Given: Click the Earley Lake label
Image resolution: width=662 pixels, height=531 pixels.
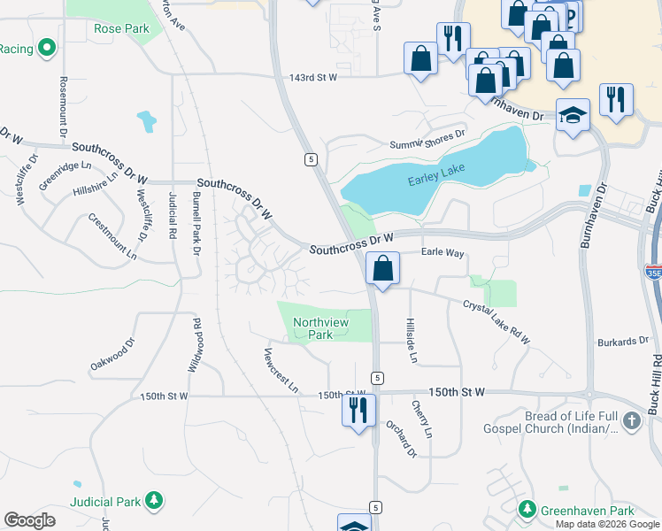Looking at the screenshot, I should tap(436, 181).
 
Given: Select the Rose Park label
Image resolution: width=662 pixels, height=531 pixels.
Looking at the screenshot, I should tap(121, 28).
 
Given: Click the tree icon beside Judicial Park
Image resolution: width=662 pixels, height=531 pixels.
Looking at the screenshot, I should tap(154, 502).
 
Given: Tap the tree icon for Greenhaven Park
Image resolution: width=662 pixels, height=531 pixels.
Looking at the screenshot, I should tap(528, 511).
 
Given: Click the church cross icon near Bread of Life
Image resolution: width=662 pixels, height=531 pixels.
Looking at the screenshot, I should tap(631, 421).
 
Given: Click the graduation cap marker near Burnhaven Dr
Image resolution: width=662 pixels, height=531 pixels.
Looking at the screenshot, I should tap(573, 115).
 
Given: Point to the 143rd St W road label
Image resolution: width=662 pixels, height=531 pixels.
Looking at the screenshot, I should tap(313, 78).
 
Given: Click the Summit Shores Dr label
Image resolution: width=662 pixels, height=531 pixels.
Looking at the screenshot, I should tap(427, 139).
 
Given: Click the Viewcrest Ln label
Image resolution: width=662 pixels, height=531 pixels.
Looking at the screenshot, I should tap(281, 370).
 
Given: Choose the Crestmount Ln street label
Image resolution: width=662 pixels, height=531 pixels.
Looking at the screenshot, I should tap(112, 235).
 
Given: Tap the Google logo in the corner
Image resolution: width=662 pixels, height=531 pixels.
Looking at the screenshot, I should tap(29, 519).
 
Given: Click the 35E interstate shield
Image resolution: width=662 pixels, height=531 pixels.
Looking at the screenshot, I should tap(653, 273).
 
